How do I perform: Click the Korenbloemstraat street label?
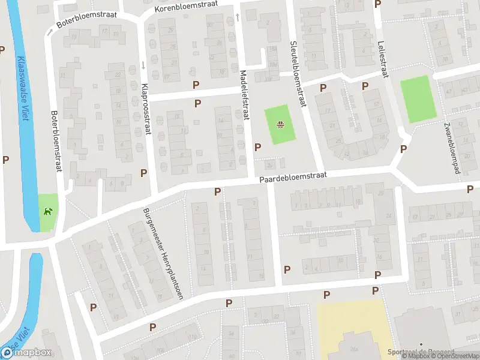pos(186,8)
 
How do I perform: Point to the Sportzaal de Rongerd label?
pos(419,352)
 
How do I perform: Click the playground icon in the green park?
pos(280,125)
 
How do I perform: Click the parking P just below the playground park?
pos(258,147)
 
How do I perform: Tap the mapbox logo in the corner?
pos(26,352)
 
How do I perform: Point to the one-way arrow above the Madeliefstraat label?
pos(238,16)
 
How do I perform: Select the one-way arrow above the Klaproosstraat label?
pos(145,65)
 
